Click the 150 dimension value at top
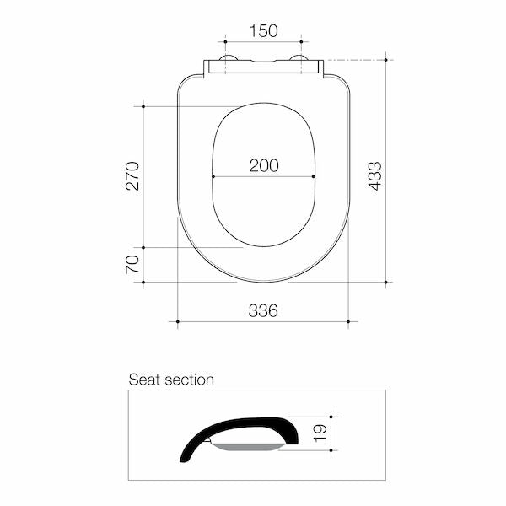264,31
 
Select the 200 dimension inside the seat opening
264,165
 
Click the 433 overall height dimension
375,175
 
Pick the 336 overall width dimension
263,310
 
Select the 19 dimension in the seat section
318,433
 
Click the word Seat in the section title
143,379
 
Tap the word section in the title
187,379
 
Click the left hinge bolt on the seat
226,59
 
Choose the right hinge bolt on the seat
299,59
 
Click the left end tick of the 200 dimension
213,177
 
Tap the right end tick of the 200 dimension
315,177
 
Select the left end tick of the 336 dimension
178,321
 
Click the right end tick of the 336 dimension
348,321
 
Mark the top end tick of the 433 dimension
386,60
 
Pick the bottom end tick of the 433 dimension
386,282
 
